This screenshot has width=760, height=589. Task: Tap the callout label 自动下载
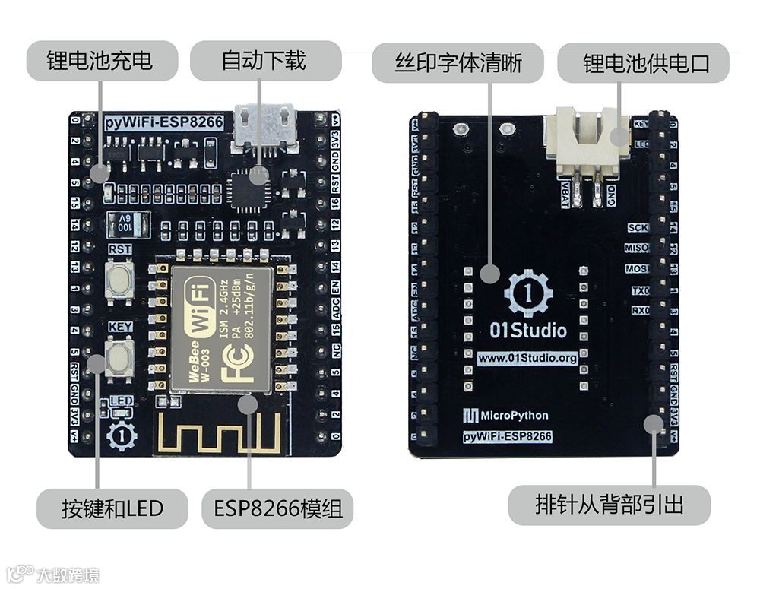[x=263, y=61]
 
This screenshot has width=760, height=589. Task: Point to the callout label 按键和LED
[x=112, y=508]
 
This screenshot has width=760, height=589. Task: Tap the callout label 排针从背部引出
[x=609, y=505]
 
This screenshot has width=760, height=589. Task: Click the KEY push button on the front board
[x=119, y=354]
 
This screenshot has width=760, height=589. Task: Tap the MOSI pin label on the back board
[x=636, y=269]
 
